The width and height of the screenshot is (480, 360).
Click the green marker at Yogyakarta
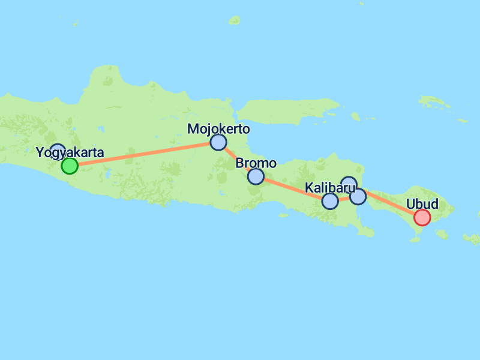[70, 166]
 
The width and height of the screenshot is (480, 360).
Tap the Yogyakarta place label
[70, 152]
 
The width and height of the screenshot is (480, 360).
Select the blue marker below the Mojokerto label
[218, 142]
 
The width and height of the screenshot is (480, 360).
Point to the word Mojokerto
[218, 129]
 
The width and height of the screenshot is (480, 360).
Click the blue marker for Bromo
[256, 176]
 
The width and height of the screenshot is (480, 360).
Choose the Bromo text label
[256, 163]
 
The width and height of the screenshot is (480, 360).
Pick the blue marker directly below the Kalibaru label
[330, 201]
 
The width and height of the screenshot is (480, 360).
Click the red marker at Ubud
[422, 217]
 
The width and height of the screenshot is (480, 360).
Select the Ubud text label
[422, 204]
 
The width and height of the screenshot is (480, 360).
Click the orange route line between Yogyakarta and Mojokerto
[144, 154]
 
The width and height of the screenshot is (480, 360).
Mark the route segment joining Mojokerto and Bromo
[236, 159]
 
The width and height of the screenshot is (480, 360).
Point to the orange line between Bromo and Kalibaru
[293, 188]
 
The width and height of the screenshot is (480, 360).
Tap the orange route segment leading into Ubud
[390, 206]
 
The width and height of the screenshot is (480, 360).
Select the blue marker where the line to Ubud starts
[358, 196]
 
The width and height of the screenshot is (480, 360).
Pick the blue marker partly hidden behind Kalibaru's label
[349, 182]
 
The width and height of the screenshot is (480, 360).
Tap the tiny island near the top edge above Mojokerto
[235, 20]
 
